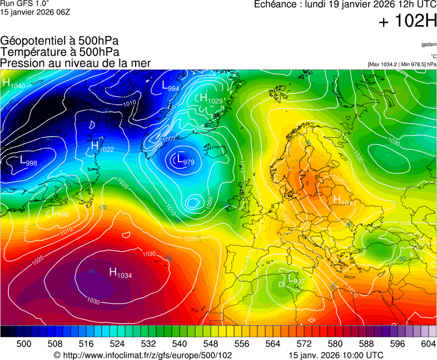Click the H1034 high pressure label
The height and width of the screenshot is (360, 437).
coord(120,273)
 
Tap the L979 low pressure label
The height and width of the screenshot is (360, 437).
coord(185,161)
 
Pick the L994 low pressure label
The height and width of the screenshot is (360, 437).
coord(170,86)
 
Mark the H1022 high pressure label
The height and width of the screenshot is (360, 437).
coord(102,147)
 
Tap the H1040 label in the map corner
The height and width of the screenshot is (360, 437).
coord(14,84)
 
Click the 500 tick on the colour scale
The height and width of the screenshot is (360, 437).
coord(24,344)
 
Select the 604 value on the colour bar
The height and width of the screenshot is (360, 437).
coord(428,344)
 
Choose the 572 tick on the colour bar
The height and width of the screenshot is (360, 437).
coord(304,344)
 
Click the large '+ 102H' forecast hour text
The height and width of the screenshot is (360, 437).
coord(407,22)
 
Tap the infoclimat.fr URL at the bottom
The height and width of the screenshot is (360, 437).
coord(143,355)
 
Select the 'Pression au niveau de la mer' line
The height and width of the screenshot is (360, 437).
coord(76,63)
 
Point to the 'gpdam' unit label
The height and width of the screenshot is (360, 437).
coord(429,44)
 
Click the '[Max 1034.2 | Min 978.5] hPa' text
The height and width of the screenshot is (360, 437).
coord(402,64)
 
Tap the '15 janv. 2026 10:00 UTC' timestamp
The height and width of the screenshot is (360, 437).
coord(336,355)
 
